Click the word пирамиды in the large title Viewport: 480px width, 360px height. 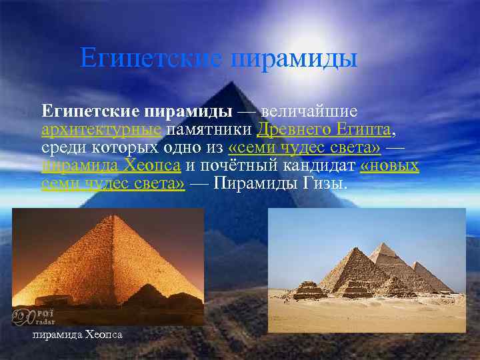294,58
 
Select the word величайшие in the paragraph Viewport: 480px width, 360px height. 310,109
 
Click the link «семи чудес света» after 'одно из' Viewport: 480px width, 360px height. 304,147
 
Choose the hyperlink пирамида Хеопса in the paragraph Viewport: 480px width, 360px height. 111,165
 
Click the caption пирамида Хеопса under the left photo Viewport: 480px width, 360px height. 77,333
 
